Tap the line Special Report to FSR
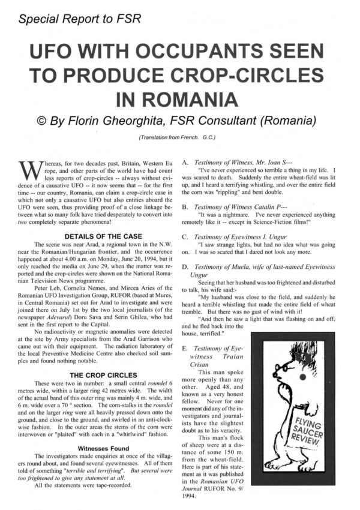(80, 19)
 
